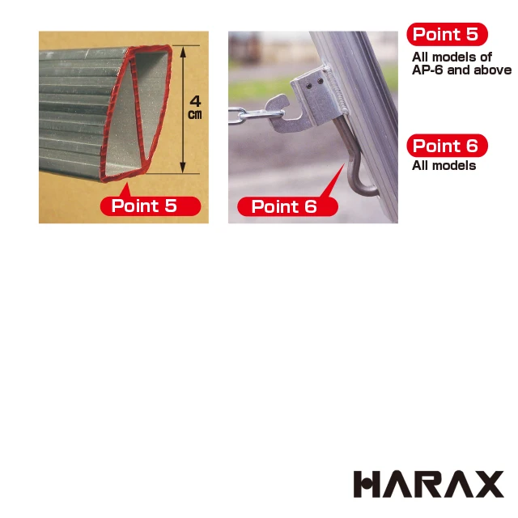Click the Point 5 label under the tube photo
[x=150, y=206]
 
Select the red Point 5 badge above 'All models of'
[x=446, y=34]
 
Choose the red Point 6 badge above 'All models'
[x=446, y=146]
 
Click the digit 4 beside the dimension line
[x=195, y=101]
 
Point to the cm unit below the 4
[x=195, y=115]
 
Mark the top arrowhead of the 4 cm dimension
[x=185, y=51]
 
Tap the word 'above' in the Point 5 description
[x=494, y=70]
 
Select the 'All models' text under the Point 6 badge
[x=444, y=166]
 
